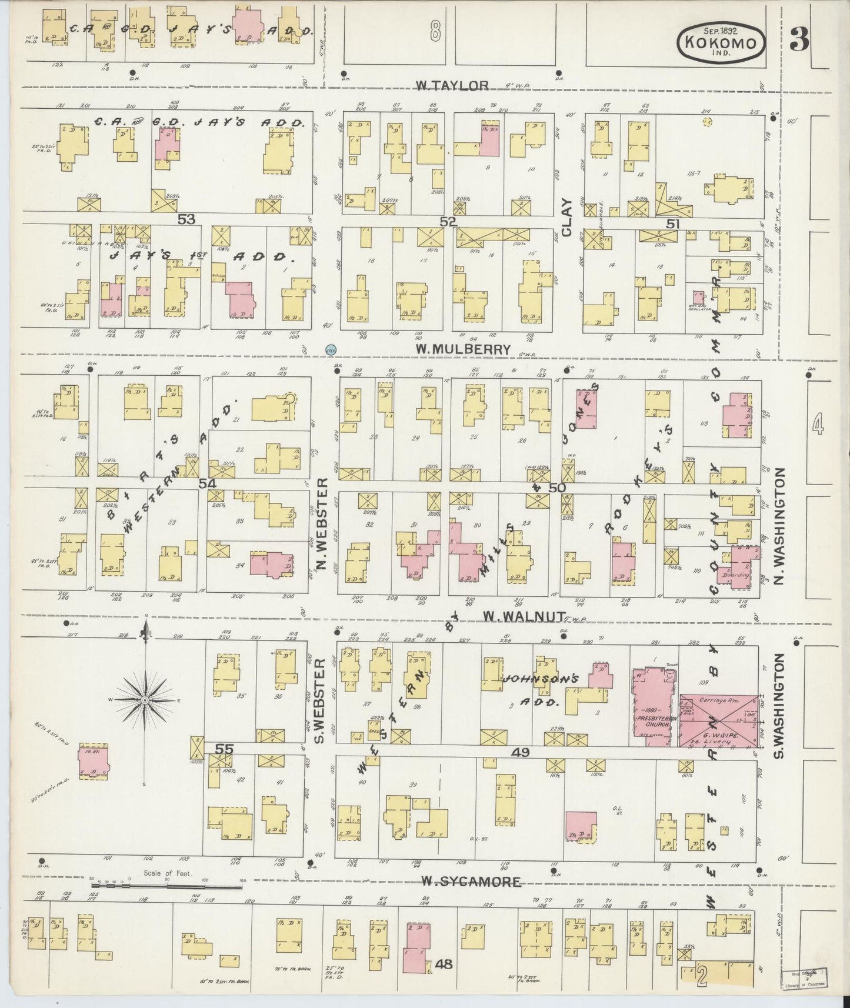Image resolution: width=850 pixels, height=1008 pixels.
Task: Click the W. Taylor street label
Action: (x=452, y=86)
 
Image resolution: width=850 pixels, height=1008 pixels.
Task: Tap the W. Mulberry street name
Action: (x=463, y=349)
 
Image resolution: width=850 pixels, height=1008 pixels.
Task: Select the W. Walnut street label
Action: (x=518, y=615)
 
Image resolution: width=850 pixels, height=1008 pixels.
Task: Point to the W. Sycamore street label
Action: (x=471, y=881)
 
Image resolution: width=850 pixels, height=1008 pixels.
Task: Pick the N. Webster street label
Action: (x=322, y=525)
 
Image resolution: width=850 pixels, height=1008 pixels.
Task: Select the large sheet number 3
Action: (x=799, y=39)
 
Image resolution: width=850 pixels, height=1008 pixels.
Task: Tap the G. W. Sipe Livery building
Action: (x=718, y=721)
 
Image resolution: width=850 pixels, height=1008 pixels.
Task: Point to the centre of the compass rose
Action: (x=145, y=700)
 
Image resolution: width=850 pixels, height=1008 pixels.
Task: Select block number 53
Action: (x=186, y=219)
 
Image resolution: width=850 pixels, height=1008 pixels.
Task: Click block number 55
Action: (x=224, y=749)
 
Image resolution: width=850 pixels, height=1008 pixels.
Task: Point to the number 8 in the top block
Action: (x=435, y=31)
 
